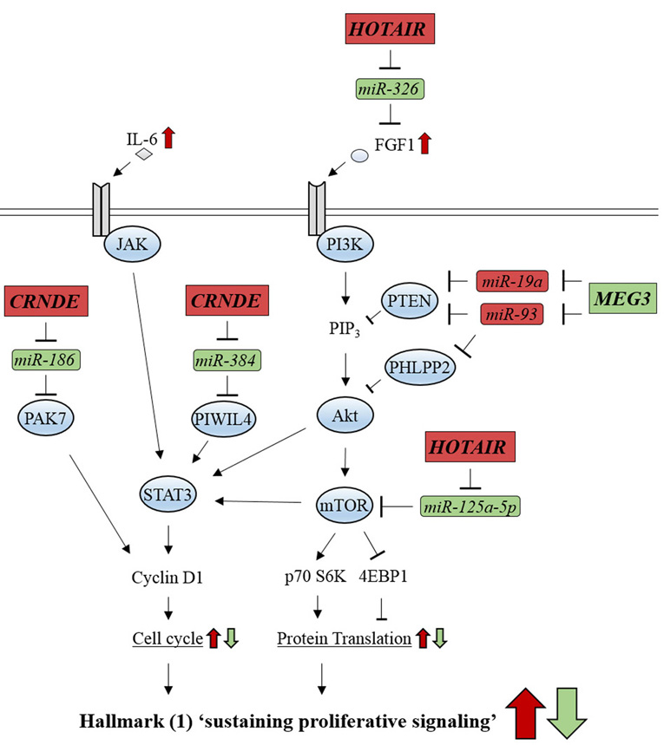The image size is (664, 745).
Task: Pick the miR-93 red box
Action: [x=512, y=313]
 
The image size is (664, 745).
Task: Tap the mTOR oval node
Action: [x=345, y=501]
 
